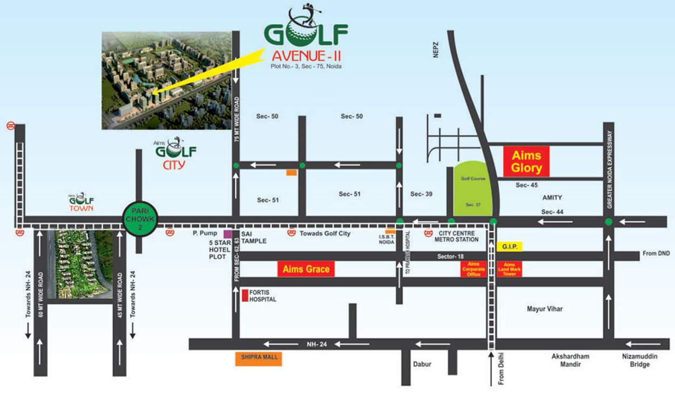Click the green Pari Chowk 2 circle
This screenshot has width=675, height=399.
pyautogui.click(x=140, y=220)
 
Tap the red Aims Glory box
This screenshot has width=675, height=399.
pyautogui.click(x=526, y=161)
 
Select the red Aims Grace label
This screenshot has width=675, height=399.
pyautogui.click(x=306, y=269)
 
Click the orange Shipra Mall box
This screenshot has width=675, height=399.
pyautogui.click(x=258, y=359)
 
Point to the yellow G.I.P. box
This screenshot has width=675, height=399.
pyautogui.click(x=509, y=246)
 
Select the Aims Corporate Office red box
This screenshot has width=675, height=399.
pyautogui.click(x=473, y=268)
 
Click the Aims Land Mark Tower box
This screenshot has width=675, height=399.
pyautogui.click(x=510, y=268)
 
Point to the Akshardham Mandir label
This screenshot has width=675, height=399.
pyautogui.click(x=570, y=360)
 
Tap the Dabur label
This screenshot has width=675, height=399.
pyautogui.click(x=422, y=364)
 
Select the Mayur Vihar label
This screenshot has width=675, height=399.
pyautogui.click(x=544, y=309)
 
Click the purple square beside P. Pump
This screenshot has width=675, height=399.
pyautogui.click(x=227, y=234)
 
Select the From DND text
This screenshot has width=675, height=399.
pyautogui.click(x=656, y=253)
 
